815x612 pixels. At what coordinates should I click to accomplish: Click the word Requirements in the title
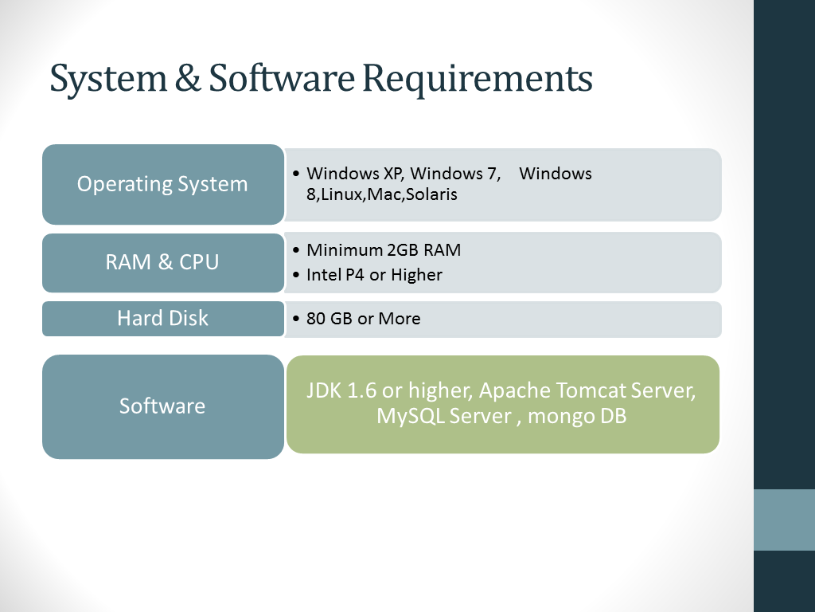coord(478,79)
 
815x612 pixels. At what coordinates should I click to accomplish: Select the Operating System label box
coord(163,184)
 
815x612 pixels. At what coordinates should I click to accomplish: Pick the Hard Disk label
coord(163,319)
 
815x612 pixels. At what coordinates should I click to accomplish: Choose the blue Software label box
coord(163,406)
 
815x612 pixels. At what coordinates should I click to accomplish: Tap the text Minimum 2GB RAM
coord(384,249)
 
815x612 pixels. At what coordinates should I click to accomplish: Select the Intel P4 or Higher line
coord(374,275)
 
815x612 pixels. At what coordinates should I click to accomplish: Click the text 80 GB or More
coord(363,319)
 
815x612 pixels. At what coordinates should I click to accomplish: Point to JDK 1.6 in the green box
coord(341,390)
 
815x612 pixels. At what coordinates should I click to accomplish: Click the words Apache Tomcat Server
coord(587,390)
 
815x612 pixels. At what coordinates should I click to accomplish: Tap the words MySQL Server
coord(444,416)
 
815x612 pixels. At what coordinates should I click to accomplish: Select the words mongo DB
coord(577,416)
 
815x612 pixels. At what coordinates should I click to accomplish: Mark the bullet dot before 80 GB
coord(296,319)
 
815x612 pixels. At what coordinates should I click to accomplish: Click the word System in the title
coord(108,79)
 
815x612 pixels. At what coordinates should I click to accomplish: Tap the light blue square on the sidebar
coord(784,520)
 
